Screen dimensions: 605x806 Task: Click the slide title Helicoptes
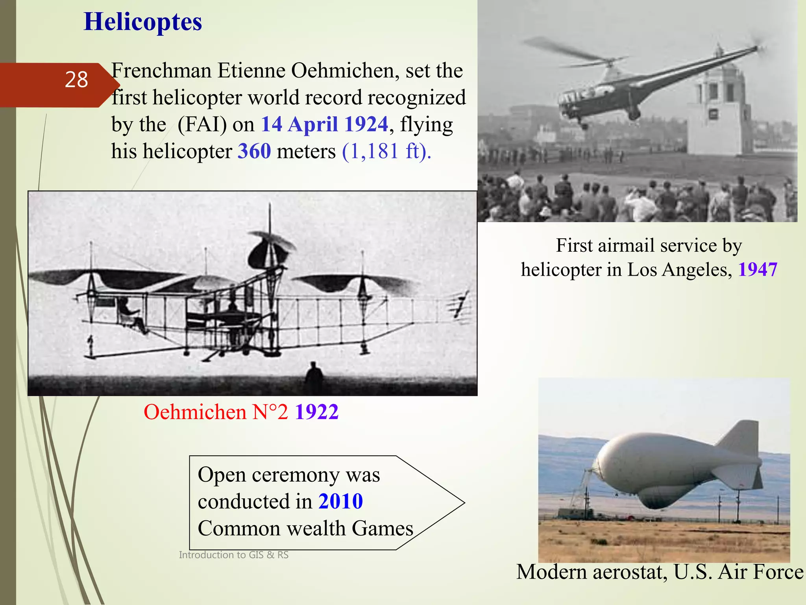click(x=143, y=22)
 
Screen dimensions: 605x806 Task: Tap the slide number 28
click(x=76, y=80)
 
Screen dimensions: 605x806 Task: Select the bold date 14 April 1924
click(x=325, y=124)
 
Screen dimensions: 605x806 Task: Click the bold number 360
click(x=254, y=151)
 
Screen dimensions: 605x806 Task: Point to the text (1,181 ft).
click(x=386, y=151)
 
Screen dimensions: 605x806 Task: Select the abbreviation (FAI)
click(x=202, y=124)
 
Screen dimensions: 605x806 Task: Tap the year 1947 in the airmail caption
click(x=758, y=270)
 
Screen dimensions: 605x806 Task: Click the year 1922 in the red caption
click(x=316, y=412)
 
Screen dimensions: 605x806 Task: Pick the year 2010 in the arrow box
click(x=340, y=501)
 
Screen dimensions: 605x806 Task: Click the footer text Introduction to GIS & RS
click(x=234, y=555)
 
